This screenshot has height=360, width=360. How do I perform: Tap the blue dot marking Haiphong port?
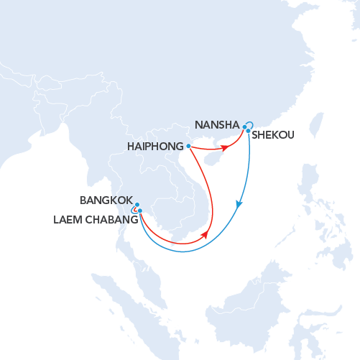pos(188,146)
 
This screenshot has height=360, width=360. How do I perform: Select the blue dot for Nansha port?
pos(244,126)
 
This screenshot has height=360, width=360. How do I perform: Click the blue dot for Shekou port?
pos(248,131)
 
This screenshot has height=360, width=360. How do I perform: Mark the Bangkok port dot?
pos(137,205)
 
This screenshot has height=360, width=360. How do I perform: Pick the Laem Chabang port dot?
pos(140,211)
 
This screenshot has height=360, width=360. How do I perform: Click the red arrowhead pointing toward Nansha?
pos(225,147)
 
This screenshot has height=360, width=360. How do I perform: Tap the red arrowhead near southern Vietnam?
pos(207,234)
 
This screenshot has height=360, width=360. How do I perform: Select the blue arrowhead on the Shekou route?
pos(239,204)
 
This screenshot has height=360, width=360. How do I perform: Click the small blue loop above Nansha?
pos(250,123)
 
